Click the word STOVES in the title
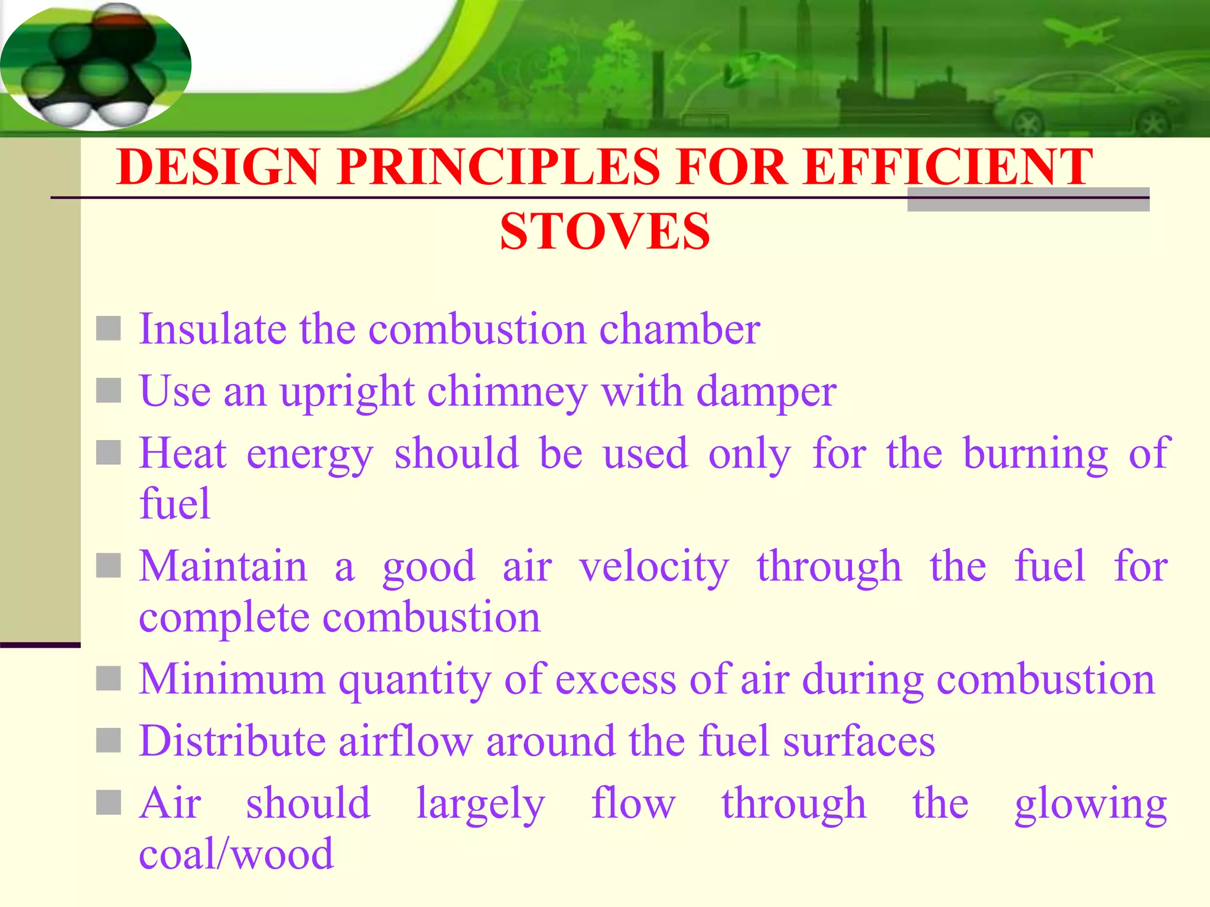coord(604,231)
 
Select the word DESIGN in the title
coord(218,167)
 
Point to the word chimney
coord(507,392)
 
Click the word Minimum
coord(232,679)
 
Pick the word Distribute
coord(232,741)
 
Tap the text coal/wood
coord(236,854)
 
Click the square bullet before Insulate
coord(109,328)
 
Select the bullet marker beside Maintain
coord(109,565)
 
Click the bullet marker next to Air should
coord(109,802)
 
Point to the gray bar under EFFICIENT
coord(1028,201)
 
